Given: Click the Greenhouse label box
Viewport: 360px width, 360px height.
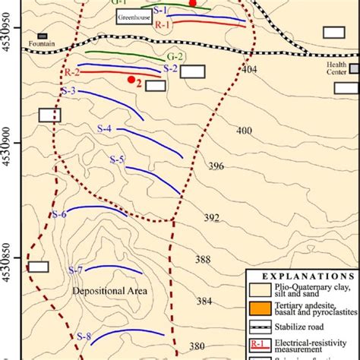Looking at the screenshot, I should (x=132, y=19).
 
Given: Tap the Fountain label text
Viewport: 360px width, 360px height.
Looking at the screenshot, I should (x=43, y=45).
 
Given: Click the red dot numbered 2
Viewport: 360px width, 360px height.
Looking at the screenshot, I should (x=131, y=80).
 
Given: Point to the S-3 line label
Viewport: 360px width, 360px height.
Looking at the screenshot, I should (x=68, y=92).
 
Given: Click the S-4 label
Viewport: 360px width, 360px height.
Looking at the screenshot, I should (x=103, y=130).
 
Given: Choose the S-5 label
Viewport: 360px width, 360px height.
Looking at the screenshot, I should (x=116, y=159).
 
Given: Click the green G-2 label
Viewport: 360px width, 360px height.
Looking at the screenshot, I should (x=175, y=57).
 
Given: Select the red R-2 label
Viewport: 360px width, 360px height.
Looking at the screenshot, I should (x=72, y=71).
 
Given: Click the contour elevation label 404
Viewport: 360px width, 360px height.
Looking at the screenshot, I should (x=248, y=69).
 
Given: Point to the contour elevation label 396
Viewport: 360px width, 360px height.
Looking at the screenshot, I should (x=216, y=166).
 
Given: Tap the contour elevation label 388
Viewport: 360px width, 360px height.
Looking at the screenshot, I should (x=203, y=260).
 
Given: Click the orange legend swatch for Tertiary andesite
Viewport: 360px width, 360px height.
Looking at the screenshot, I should (x=259, y=308).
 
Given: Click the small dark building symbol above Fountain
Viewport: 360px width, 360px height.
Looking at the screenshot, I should (x=43, y=36).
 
